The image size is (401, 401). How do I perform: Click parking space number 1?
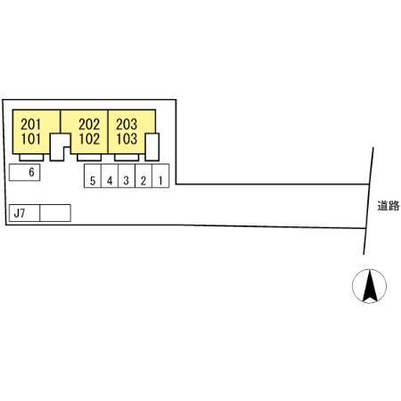click(160, 176)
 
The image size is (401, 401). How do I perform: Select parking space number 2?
click(143, 176)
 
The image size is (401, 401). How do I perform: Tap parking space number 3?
click(127, 176)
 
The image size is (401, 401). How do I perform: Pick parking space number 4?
click(110, 176)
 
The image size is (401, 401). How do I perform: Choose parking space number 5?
click(93, 176)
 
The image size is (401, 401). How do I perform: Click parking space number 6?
click(25, 172)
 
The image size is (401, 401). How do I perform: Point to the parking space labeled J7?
click(24, 213)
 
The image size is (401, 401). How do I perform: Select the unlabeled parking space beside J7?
click(55, 213)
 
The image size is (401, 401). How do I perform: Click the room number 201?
click(30, 124)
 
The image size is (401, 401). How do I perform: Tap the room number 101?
click(30, 139)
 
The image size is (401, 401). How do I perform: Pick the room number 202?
click(89, 124)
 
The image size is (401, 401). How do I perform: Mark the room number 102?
click(89, 139)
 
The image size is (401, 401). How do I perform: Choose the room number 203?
click(127, 124)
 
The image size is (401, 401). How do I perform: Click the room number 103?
click(127, 139)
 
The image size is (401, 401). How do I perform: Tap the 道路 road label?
click(389, 206)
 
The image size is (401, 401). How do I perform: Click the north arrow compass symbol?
click(370, 286)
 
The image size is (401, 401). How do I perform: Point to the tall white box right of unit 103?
click(152, 147)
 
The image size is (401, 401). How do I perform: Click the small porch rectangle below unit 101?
click(31, 158)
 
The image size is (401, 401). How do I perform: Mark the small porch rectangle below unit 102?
click(89, 158)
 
